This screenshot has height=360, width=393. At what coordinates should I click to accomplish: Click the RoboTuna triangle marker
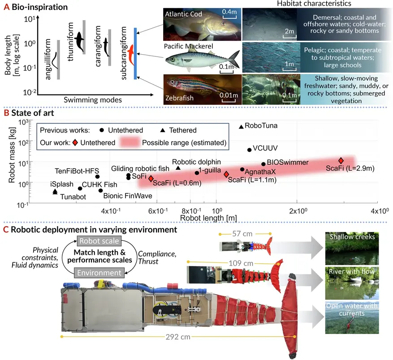[241, 127]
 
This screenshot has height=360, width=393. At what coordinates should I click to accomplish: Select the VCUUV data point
[249, 150]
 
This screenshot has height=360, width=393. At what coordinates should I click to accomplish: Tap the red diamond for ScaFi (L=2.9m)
[341, 161]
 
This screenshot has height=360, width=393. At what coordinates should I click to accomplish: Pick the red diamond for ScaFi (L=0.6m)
[151, 179]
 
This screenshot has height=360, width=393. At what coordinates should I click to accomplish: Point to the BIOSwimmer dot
[263, 164]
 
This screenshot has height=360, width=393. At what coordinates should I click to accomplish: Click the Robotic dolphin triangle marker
[178, 168]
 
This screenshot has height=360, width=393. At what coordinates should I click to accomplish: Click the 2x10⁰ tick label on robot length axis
[298, 211]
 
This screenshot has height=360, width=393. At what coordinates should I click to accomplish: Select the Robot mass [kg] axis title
[12, 155]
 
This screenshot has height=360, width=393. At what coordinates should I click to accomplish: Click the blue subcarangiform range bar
[135, 53]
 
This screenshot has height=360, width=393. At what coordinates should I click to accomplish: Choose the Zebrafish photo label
[179, 98]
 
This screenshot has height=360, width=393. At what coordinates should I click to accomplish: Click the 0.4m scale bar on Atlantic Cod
[229, 17]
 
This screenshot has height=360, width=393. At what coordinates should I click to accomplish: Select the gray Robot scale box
[99, 241]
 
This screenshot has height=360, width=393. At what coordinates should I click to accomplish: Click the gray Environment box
[99, 273]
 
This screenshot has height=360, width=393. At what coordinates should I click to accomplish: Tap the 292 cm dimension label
[178, 337]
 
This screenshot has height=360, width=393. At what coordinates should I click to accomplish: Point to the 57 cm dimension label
[242, 234]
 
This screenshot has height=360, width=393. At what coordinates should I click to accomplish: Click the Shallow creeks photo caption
[352, 237]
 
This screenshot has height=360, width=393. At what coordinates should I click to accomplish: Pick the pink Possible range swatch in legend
[130, 142]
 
